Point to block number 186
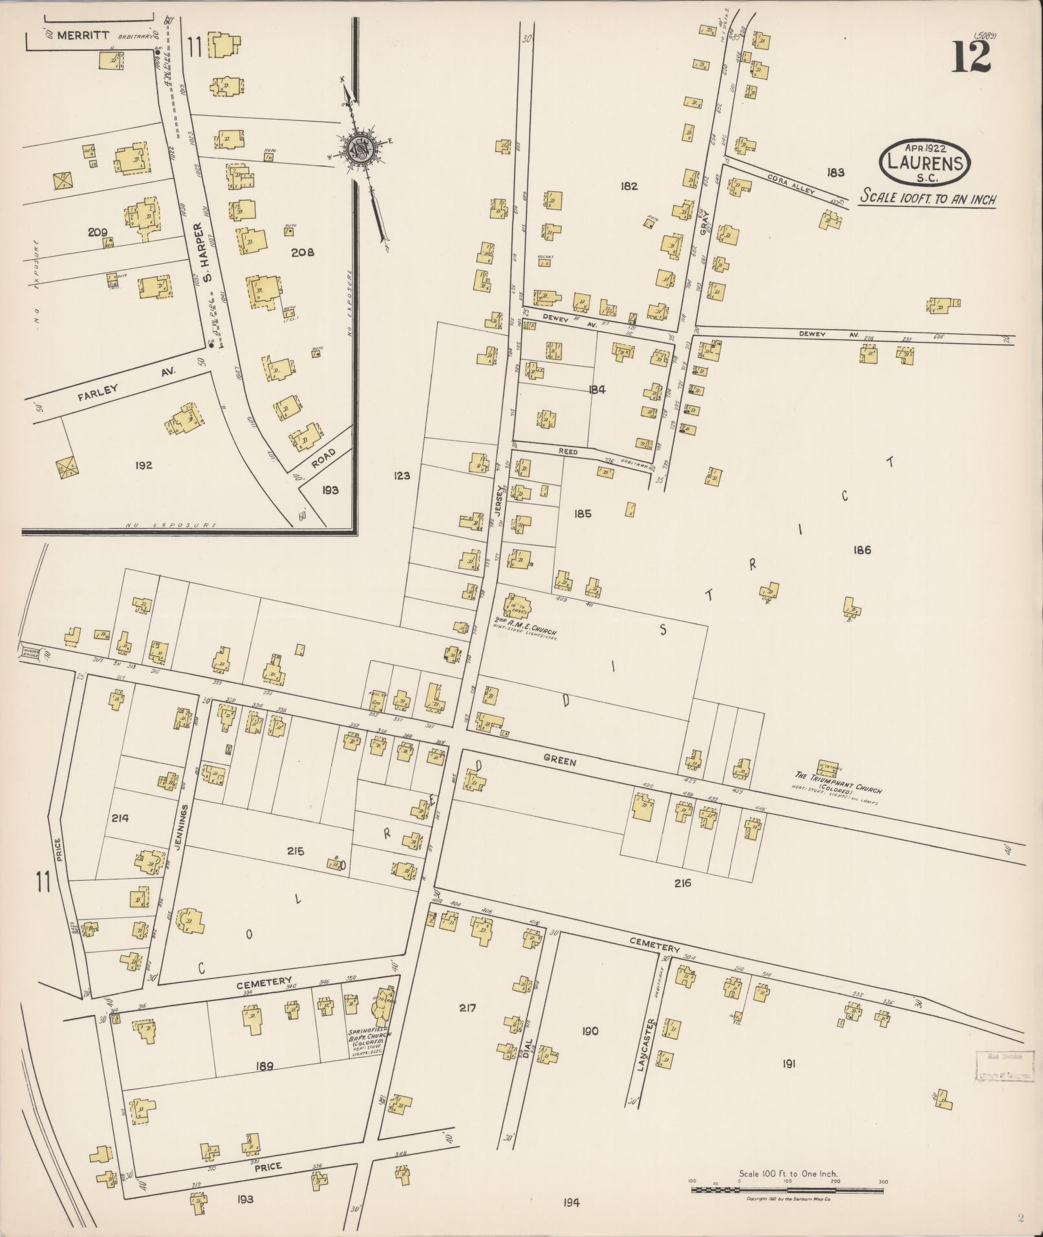coord(862,550)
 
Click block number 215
coord(296,852)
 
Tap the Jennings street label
coord(184,830)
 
